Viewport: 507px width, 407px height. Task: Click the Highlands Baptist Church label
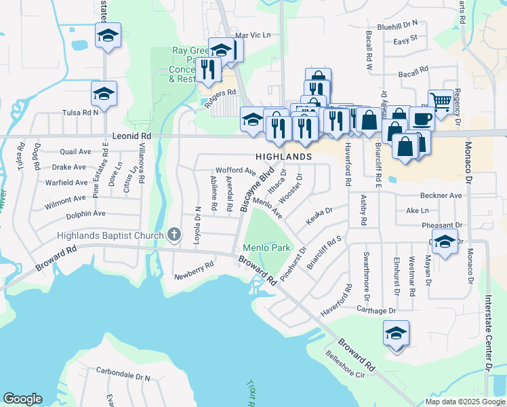pyautogui.click(x=110, y=236)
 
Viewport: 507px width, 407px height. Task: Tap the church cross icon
pyautogui.click(x=174, y=235)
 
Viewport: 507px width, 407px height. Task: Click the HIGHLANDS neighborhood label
pyautogui.click(x=283, y=157)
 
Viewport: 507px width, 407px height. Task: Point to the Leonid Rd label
pyautogui.click(x=131, y=136)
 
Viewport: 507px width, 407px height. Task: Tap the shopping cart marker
pyautogui.click(x=441, y=102)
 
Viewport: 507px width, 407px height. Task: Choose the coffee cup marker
pyautogui.click(x=422, y=118)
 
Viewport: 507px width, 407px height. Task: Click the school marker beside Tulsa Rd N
pyautogui.click(x=104, y=94)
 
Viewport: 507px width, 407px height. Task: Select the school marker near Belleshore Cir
pyautogui.click(x=396, y=332)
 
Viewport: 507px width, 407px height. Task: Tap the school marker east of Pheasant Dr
pyautogui.click(x=445, y=241)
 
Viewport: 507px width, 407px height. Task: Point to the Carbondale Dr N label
pyautogui.click(x=123, y=374)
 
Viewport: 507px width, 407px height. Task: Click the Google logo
pyautogui.click(x=22, y=399)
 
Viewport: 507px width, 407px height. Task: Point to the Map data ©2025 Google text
pyautogui.click(x=464, y=402)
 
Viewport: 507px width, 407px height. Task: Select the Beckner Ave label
pyautogui.click(x=441, y=195)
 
